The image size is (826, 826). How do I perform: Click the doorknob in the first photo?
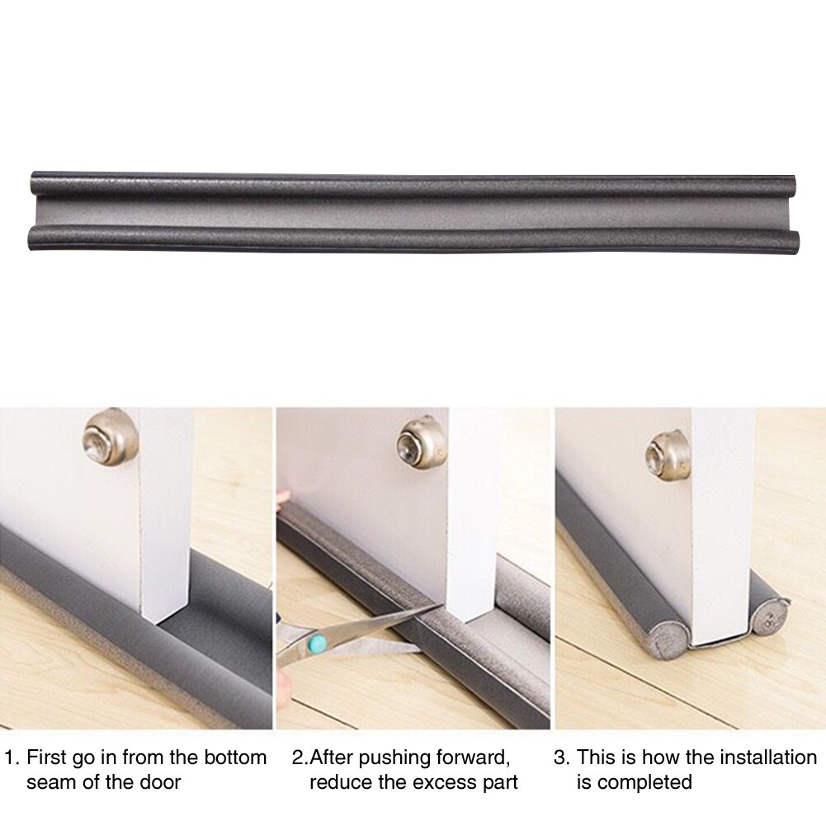click(x=110, y=436)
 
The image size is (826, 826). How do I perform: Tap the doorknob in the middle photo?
click(x=422, y=441)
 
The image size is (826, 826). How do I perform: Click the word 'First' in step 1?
click(x=47, y=757)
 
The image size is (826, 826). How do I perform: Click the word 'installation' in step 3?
click(x=758, y=757)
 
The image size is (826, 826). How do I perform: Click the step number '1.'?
click(x=12, y=757)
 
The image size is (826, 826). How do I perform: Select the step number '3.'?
click(x=561, y=757)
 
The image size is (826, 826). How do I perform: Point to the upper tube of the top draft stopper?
click(x=413, y=184)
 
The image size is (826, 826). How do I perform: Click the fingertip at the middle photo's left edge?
click(x=282, y=498)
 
